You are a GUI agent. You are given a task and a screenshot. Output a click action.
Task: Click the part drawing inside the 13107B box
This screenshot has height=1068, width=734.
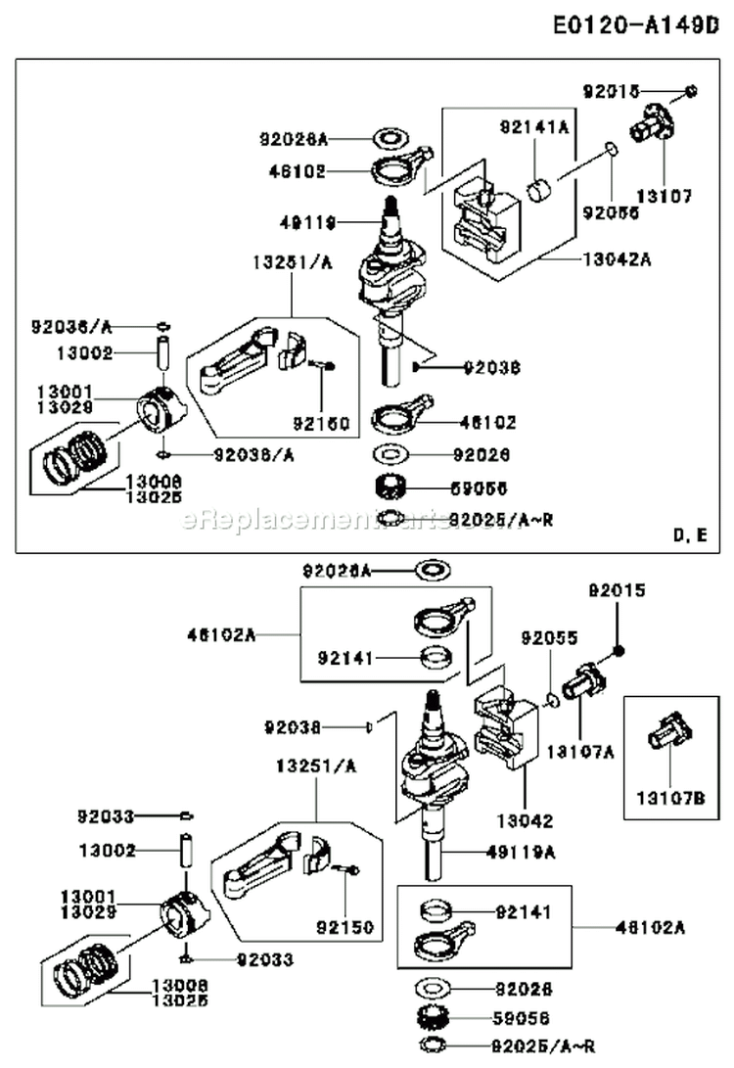pos(670,731)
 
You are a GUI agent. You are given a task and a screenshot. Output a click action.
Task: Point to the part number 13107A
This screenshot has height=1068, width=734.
pos(580,752)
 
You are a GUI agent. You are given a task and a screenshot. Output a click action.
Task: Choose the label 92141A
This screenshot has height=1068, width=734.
pos(534,125)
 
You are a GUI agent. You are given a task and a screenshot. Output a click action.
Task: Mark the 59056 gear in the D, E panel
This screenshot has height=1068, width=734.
pos(391,486)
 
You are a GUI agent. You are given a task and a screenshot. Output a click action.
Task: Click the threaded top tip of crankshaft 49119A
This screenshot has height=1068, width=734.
pos(431,699)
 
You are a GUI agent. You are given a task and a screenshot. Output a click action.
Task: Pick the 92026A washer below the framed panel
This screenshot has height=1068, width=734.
pos(432,570)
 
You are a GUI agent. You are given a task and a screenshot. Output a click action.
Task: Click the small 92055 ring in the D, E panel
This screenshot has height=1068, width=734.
pos(610,149)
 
